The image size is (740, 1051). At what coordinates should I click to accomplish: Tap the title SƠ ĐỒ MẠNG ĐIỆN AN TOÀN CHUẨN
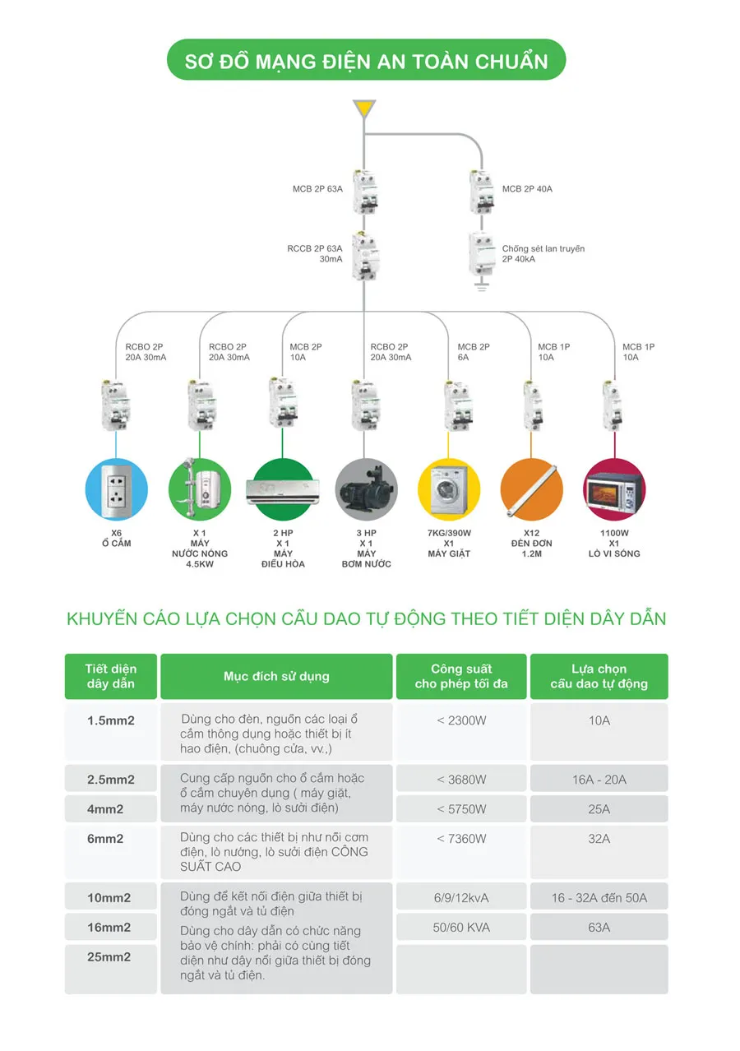tap(366, 60)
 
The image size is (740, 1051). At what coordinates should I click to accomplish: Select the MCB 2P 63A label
tap(317, 189)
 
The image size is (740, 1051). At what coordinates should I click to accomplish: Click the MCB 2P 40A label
tap(527, 189)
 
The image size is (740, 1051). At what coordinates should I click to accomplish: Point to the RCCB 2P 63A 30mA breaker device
tap(364, 254)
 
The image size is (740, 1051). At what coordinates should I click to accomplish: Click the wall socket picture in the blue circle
tap(116, 492)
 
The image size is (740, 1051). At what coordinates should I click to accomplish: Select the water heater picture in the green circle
tap(199, 492)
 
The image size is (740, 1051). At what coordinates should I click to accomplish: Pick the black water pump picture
tap(366, 492)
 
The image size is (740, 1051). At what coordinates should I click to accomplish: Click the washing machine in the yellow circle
tap(449, 492)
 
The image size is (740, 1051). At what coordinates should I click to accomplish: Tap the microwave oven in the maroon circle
tap(613, 492)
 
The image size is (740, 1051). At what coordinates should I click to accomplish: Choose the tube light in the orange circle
tap(531, 492)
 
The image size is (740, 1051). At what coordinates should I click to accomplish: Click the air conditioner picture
tap(283, 492)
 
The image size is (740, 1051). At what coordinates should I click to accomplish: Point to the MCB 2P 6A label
tap(474, 352)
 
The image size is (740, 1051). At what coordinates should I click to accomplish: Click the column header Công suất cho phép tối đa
tap(461, 676)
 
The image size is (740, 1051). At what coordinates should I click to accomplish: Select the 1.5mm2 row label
tap(111, 720)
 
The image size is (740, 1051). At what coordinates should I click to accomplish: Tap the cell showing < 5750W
tap(461, 809)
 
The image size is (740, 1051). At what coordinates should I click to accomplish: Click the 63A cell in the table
tap(599, 928)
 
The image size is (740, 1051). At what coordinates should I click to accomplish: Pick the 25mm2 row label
tap(110, 957)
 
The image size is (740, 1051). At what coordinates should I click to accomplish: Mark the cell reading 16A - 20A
tap(599, 779)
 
